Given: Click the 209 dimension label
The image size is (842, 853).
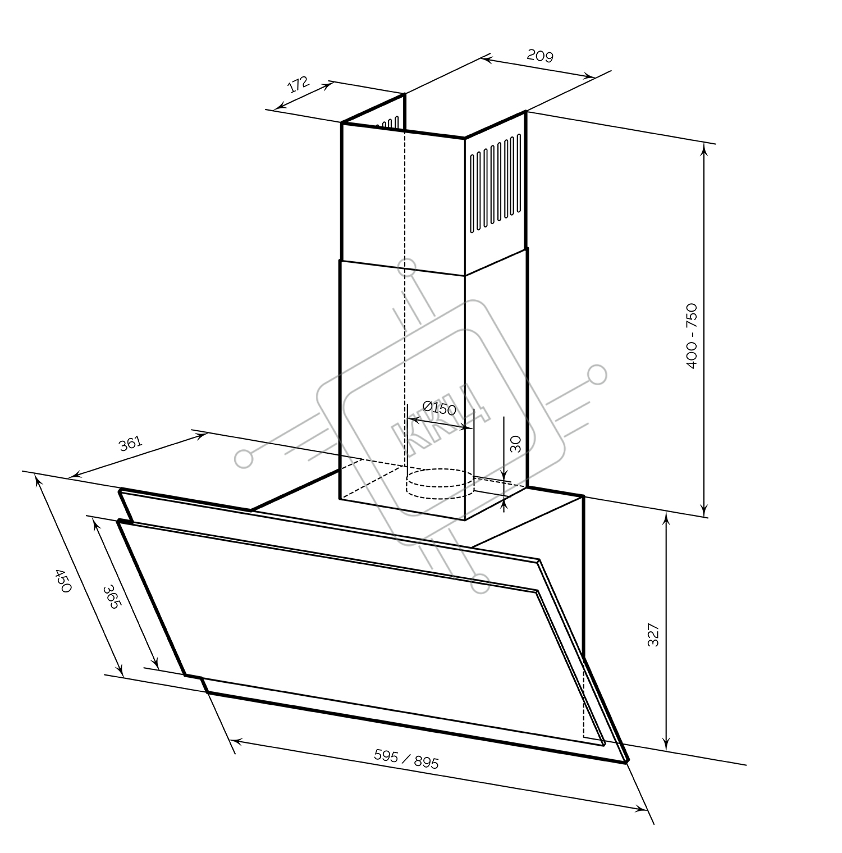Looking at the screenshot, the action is (540, 55).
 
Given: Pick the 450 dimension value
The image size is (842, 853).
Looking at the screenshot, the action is (63, 581).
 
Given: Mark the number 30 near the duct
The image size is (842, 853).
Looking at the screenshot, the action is (516, 444).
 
